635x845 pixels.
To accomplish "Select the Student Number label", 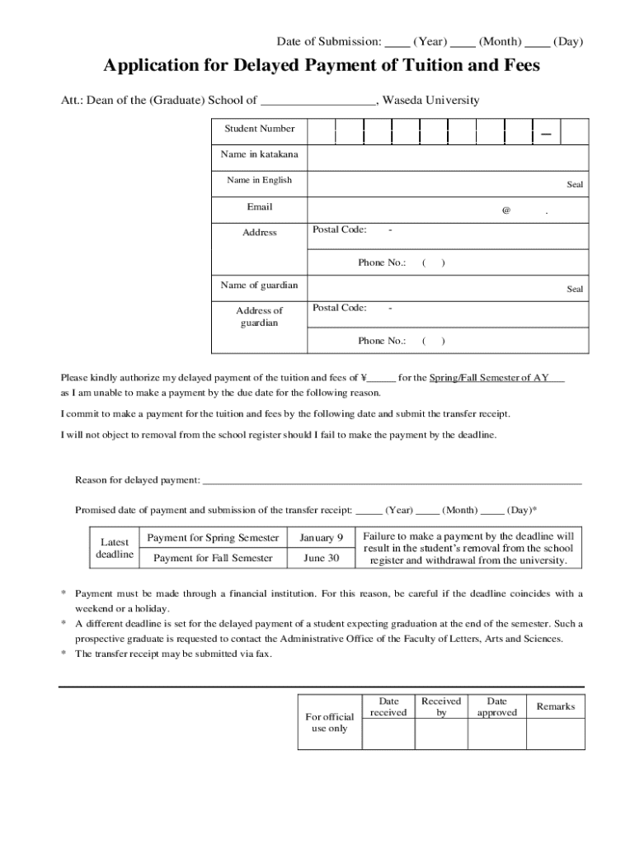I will click(x=260, y=129).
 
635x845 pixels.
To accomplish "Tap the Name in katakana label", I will click(x=260, y=154).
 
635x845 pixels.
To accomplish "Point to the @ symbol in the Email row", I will click(x=506, y=210).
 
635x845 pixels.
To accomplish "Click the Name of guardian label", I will click(x=260, y=286).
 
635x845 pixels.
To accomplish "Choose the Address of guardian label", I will click(x=260, y=316).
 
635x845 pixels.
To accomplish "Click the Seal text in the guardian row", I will click(x=574, y=289).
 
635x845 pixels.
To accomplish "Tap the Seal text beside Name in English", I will click(x=574, y=184).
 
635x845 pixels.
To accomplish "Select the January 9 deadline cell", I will click(x=321, y=538).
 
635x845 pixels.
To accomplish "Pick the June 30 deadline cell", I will click(x=321, y=559).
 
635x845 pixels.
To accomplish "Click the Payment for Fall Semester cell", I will click(x=213, y=559).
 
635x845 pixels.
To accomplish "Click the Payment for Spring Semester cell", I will click(x=213, y=538).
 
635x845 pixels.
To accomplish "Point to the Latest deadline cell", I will click(x=114, y=548).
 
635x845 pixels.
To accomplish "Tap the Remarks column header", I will click(x=555, y=706).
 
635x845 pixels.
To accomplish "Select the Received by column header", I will click(x=441, y=706).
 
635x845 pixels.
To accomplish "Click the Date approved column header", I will click(x=496, y=706).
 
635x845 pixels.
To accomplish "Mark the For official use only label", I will click(x=329, y=722).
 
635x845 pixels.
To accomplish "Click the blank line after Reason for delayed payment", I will click(x=392, y=481).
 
